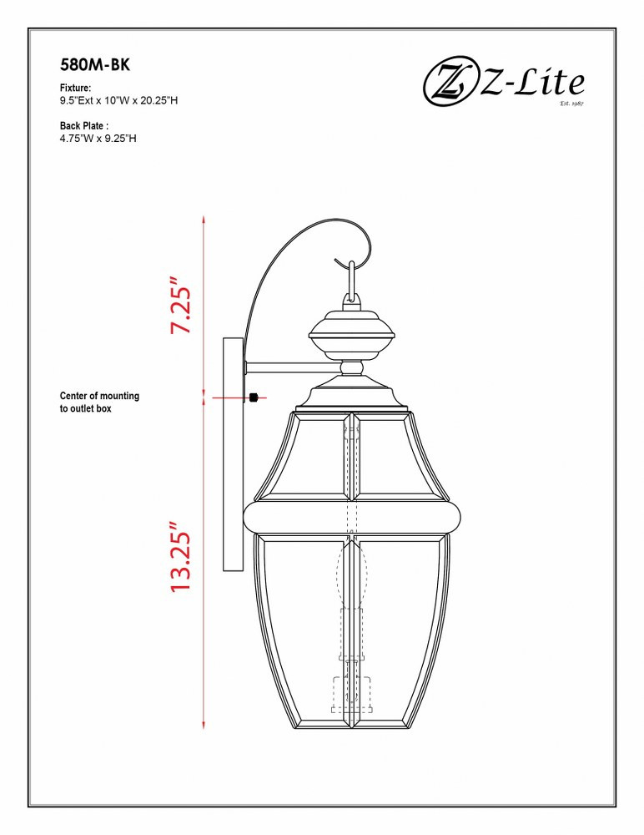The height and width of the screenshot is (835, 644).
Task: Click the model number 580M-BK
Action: pyautogui.click(x=95, y=65)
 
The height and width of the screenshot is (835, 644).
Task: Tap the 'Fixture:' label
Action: pyautogui.click(x=75, y=88)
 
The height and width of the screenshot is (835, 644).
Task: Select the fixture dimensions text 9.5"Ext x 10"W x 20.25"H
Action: pyautogui.click(x=118, y=100)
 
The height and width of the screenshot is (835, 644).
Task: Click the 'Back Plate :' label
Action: pyautogui.click(x=84, y=126)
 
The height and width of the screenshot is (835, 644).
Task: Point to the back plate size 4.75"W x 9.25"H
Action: pyautogui.click(x=98, y=139)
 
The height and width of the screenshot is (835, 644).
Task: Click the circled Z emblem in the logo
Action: pyautogui.click(x=450, y=84)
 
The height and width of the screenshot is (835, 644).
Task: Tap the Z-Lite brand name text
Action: pyautogui.click(x=532, y=83)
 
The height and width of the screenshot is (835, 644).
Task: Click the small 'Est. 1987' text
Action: pyautogui.click(x=571, y=104)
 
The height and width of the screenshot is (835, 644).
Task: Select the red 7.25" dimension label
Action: pyautogui.click(x=181, y=305)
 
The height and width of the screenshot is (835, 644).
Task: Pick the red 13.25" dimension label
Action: pyautogui.click(x=181, y=556)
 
